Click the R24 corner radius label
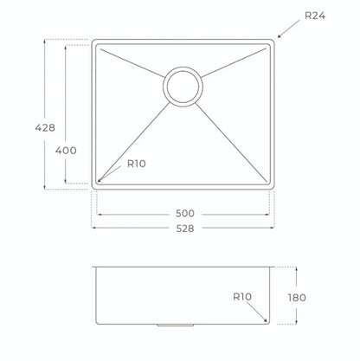tap(315, 16)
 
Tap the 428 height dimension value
tap(45, 127)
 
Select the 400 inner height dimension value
tap(66, 151)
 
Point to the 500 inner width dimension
tap(185, 214)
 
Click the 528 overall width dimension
tap(185, 229)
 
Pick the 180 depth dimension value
tap(297, 298)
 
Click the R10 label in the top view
tap(137, 164)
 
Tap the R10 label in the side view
tap(242, 297)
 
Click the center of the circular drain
tap(183, 87)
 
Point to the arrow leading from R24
tap(288, 29)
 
